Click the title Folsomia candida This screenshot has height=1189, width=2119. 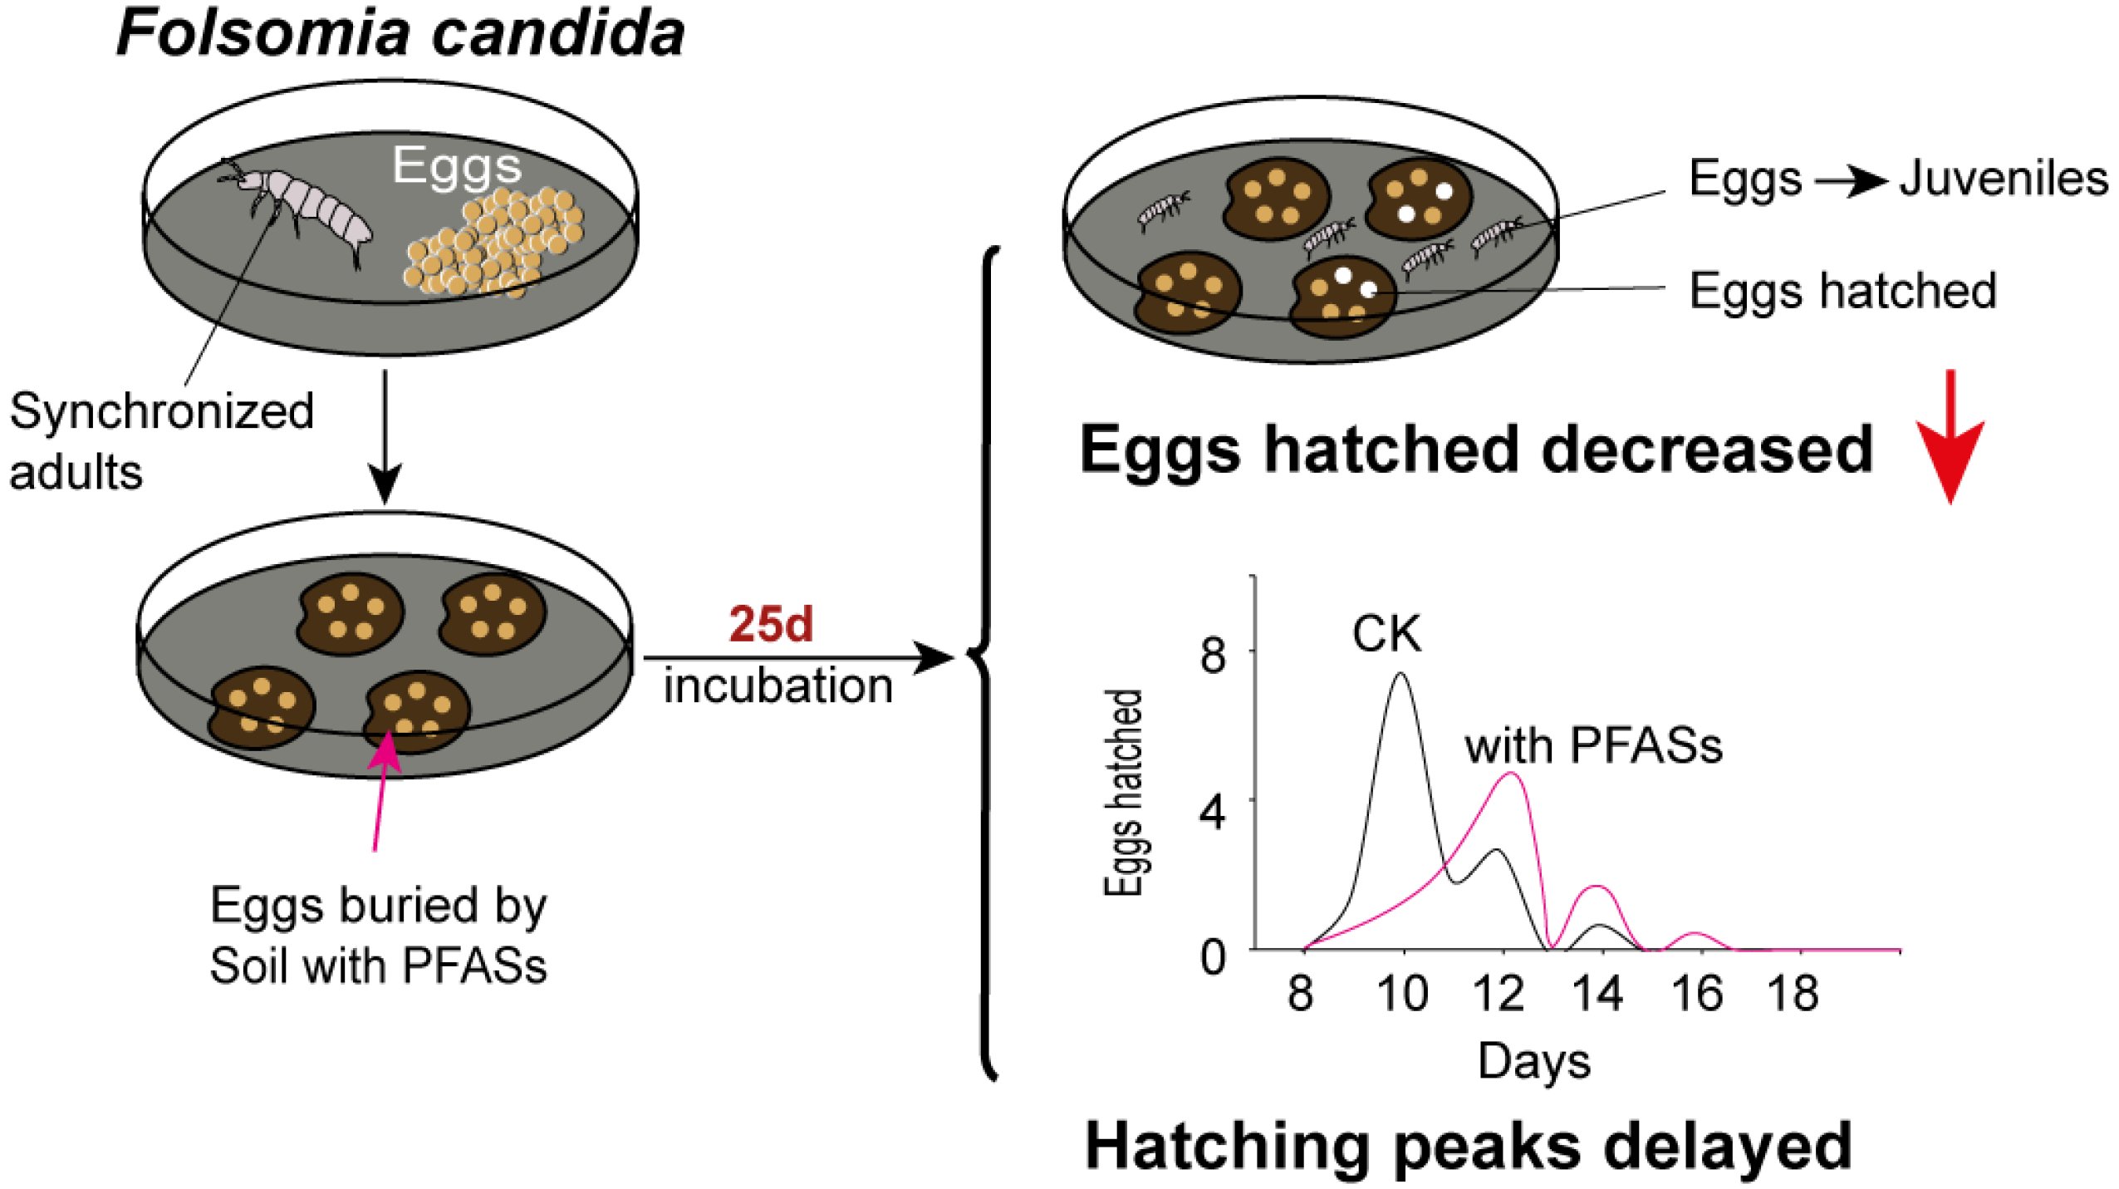(400, 33)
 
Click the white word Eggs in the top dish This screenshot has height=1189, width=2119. (457, 165)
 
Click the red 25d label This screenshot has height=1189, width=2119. (770, 624)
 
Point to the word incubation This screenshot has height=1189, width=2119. (777, 686)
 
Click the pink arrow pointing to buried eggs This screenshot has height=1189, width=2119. (381, 789)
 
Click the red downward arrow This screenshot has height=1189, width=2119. (1950, 436)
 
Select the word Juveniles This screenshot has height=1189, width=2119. (2004, 179)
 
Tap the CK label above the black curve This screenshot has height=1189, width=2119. (1386, 635)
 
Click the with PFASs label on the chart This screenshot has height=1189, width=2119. (1593, 745)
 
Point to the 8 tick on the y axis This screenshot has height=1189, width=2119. (1213, 655)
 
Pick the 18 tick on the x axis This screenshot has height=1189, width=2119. (1793, 994)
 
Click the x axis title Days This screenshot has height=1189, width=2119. (1533, 1061)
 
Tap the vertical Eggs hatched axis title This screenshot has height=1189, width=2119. (1123, 793)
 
